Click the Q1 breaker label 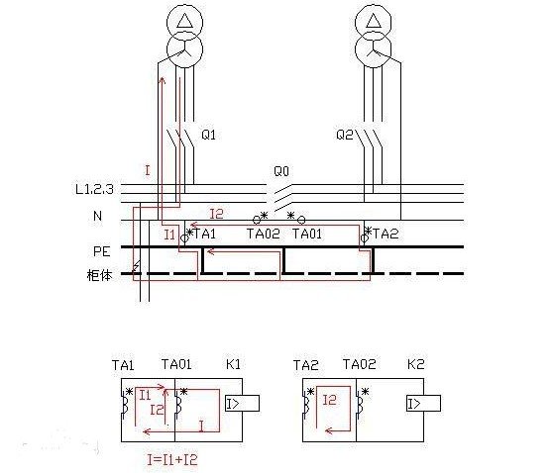pyautogui.click(x=208, y=135)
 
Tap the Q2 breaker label pyautogui.click(x=345, y=135)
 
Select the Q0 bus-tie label pyautogui.click(x=281, y=171)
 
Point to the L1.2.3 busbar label pyautogui.click(x=94, y=189)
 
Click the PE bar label pyautogui.click(x=102, y=251)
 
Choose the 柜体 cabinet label pyautogui.click(x=99, y=275)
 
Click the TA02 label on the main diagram pyautogui.click(x=264, y=234)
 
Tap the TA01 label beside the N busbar pyautogui.click(x=307, y=234)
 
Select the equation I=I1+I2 pyautogui.click(x=172, y=460)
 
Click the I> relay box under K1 pyautogui.click(x=242, y=404)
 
